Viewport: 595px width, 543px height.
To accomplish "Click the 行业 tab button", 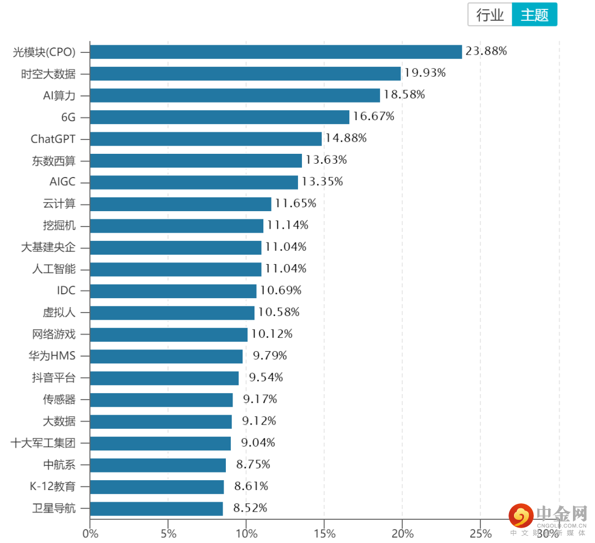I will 490,15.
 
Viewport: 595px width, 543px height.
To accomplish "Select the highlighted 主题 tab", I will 534,15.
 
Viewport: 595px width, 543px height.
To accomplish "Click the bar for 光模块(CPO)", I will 275,52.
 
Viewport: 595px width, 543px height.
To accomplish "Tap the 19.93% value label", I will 425,73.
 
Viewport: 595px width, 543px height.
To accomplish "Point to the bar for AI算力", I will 235,95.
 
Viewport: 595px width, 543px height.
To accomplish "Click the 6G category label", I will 68,117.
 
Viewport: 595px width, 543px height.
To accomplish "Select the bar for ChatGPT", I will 205,138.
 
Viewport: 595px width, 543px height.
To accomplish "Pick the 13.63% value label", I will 326,160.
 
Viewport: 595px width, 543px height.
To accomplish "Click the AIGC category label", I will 62,182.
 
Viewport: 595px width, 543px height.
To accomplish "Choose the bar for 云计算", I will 181,204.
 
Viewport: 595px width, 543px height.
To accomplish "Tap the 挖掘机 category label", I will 59,225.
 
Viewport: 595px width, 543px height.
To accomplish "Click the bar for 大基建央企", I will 176,248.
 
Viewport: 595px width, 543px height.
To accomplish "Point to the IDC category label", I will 66,291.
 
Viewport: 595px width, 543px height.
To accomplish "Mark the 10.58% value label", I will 279,313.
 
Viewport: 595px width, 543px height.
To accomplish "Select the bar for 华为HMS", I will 166,356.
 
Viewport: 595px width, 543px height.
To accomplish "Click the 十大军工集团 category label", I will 43,443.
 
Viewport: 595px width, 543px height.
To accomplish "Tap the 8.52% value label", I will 250,508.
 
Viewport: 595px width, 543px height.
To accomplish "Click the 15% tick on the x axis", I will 324,534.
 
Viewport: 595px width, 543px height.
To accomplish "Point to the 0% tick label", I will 90,534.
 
